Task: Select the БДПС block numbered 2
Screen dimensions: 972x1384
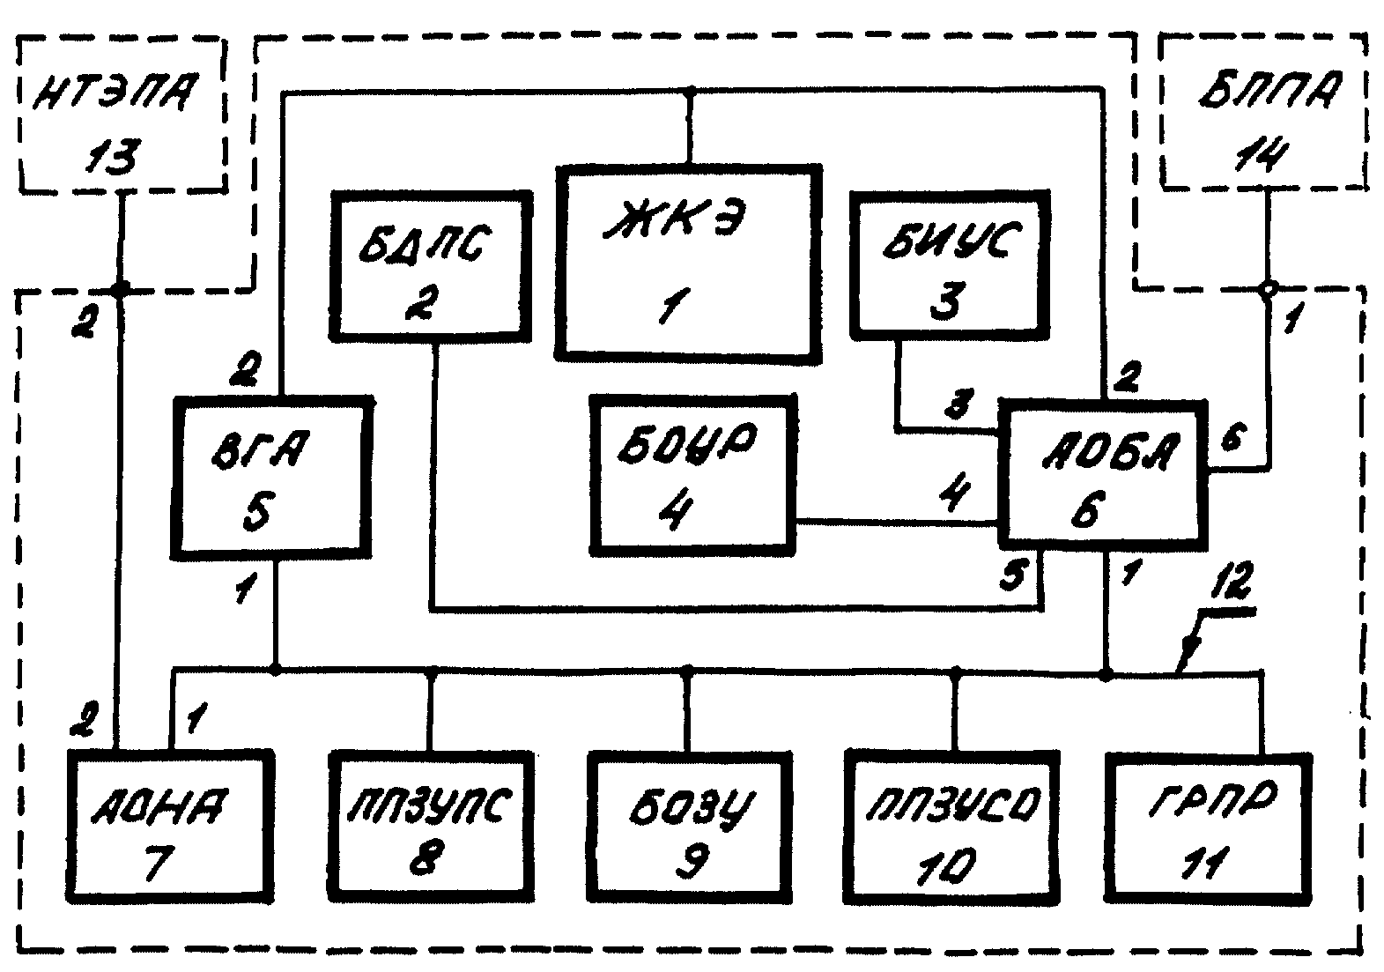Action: [432, 264]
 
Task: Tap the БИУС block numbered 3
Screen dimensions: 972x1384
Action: [950, 264]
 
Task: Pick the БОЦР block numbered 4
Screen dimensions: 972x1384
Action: [692, 475]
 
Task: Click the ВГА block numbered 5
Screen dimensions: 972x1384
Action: [274, 477]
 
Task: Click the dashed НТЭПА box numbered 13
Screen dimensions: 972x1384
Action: [122, 115]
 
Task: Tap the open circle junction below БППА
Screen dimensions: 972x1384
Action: [1267, 287]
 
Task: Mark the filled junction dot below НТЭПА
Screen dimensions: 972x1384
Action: [122, 287]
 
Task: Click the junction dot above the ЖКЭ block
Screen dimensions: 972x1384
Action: [690, 92]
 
